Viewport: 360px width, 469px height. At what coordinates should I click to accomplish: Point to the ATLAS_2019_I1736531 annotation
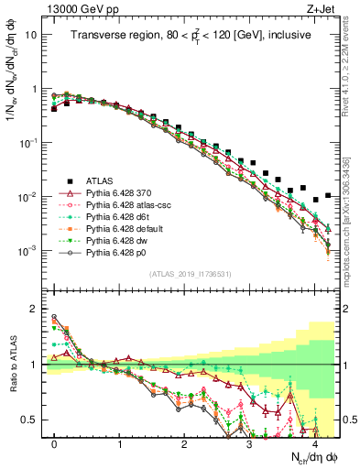pyautogui.click(x=190, y=274)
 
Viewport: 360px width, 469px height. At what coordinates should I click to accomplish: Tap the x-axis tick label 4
pyautogui.click(x=314, y=442)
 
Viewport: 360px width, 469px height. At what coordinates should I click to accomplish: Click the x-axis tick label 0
pyautogui.click(x=55, y=442)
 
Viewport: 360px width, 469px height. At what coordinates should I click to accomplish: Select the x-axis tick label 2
pyautogui.click(x=184, y=442)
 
